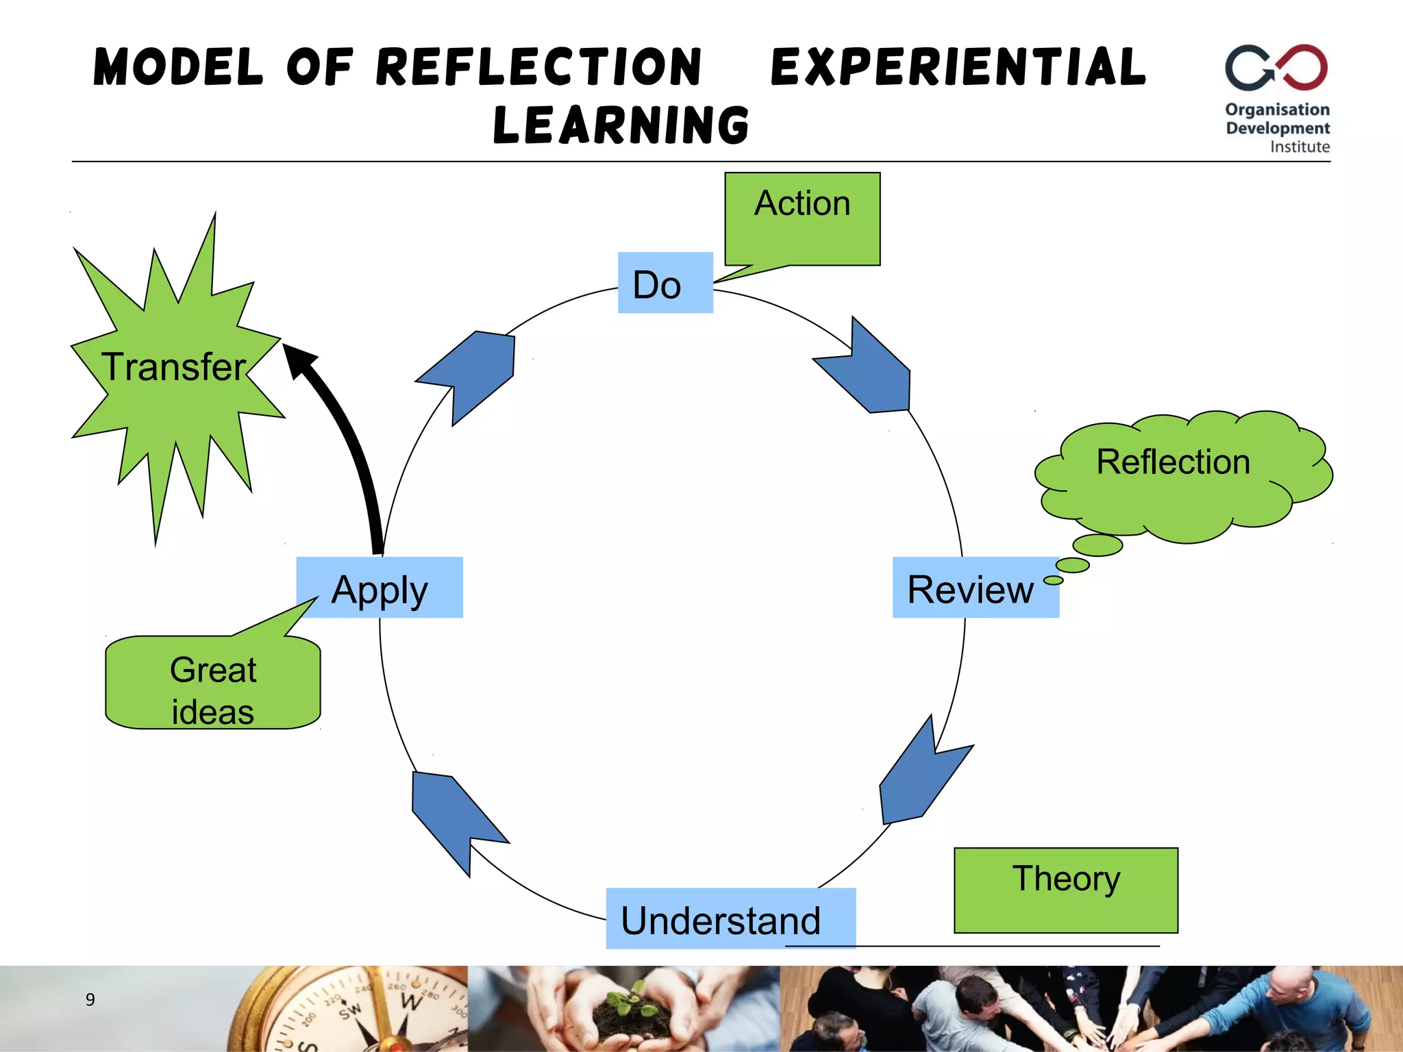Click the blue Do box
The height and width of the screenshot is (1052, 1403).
[x=665, y=283]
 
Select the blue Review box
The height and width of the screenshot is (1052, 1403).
[x=975, y=588]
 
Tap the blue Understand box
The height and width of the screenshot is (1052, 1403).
[x=730, y=918]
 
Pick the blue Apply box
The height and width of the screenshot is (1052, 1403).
[x=380, y=588]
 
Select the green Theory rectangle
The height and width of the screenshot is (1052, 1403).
[x=1065, y=890]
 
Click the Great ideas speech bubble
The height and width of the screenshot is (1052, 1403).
[x=212, y=685]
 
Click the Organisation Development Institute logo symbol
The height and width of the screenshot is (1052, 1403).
[x=1276, y=67]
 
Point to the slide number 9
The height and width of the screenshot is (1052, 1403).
[x=90, y=999]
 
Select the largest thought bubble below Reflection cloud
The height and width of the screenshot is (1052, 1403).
[x=1097, y=545]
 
